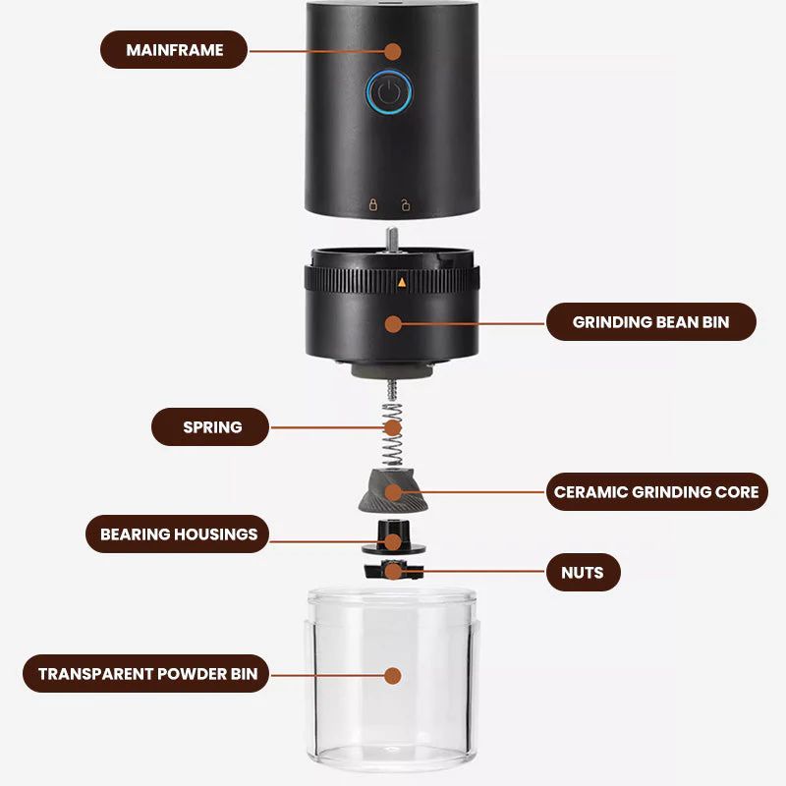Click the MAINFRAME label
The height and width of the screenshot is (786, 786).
coord(175,49)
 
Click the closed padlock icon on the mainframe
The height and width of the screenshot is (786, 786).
coord(372,205)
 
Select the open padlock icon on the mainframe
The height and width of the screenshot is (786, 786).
coord(405,205)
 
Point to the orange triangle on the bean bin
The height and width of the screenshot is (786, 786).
coord(401,282)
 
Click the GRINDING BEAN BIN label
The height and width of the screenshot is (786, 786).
coord(650,321)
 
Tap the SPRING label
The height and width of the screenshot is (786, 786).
coord(211,427)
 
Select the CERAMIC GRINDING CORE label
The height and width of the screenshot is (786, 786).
coord(656,490)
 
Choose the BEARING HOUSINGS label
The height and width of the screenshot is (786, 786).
coord(179,534)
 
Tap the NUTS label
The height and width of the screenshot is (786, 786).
coord(583,571)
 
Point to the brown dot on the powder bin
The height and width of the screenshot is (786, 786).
coord(393,676)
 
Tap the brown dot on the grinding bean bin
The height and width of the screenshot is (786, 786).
coord(393,322)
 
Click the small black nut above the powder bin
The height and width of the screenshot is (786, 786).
coord(391,570)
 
